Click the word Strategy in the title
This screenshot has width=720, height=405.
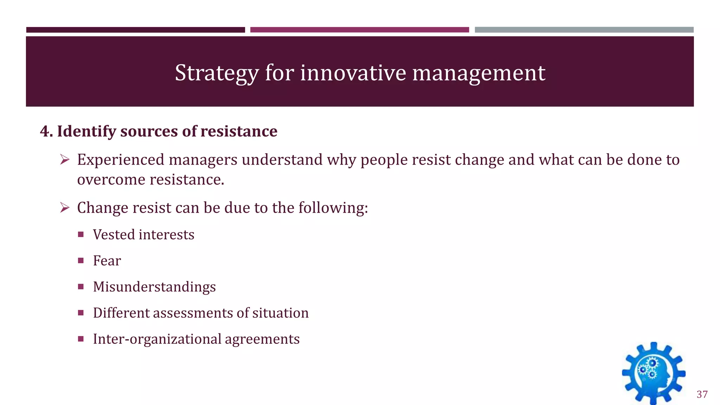[x=217, y=73]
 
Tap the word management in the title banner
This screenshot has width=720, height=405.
[x=478, y=73]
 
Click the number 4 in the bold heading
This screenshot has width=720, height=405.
[x=44, y=131]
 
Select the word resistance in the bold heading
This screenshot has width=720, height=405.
[x=239, y=131]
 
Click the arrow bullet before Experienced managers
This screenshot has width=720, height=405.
[x=65, y=160]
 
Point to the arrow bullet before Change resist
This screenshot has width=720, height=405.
[x=65, y=208]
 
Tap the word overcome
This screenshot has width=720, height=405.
[x=111, y=180]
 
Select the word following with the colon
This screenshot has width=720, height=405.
[x=333, y=208]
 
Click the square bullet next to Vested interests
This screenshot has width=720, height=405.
[x=81, y=234]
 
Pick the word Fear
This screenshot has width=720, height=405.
[x=107, y=261]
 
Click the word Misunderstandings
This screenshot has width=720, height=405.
[x=154, y=287]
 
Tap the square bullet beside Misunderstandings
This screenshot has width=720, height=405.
[x=81, y=287]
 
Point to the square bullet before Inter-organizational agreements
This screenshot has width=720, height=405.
[x=81, y=339]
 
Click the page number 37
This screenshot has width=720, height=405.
[x=702, y=394]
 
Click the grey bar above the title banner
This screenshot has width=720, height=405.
[x=584, y=30]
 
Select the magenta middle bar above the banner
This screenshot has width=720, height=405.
[x=359, y=30]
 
